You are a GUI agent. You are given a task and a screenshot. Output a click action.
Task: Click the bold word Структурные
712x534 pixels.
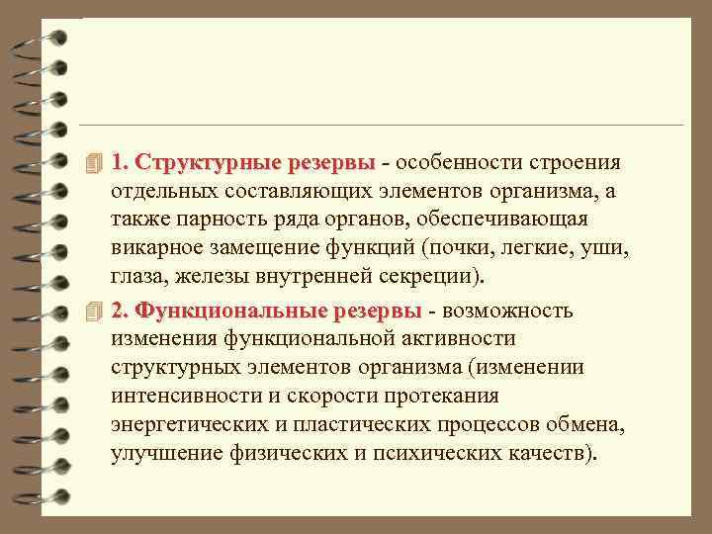pyautogui.click(x=211, y=161)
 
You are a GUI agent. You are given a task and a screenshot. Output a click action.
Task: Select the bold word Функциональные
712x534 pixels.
pyautogui.click(x=231, y=311)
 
